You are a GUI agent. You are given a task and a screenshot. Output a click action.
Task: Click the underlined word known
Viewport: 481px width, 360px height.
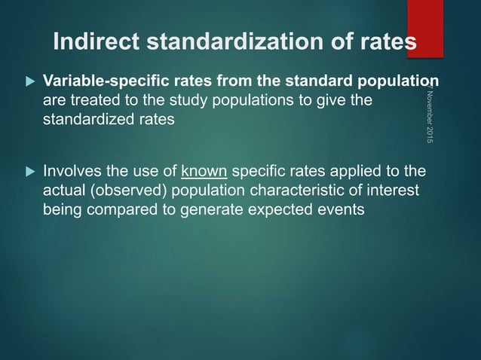(x=199, y=171)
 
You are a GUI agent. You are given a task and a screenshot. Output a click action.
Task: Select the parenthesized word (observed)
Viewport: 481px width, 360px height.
(x=124, y=191)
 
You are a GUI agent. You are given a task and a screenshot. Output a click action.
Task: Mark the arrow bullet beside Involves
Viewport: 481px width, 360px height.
(x=30, y=171)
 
